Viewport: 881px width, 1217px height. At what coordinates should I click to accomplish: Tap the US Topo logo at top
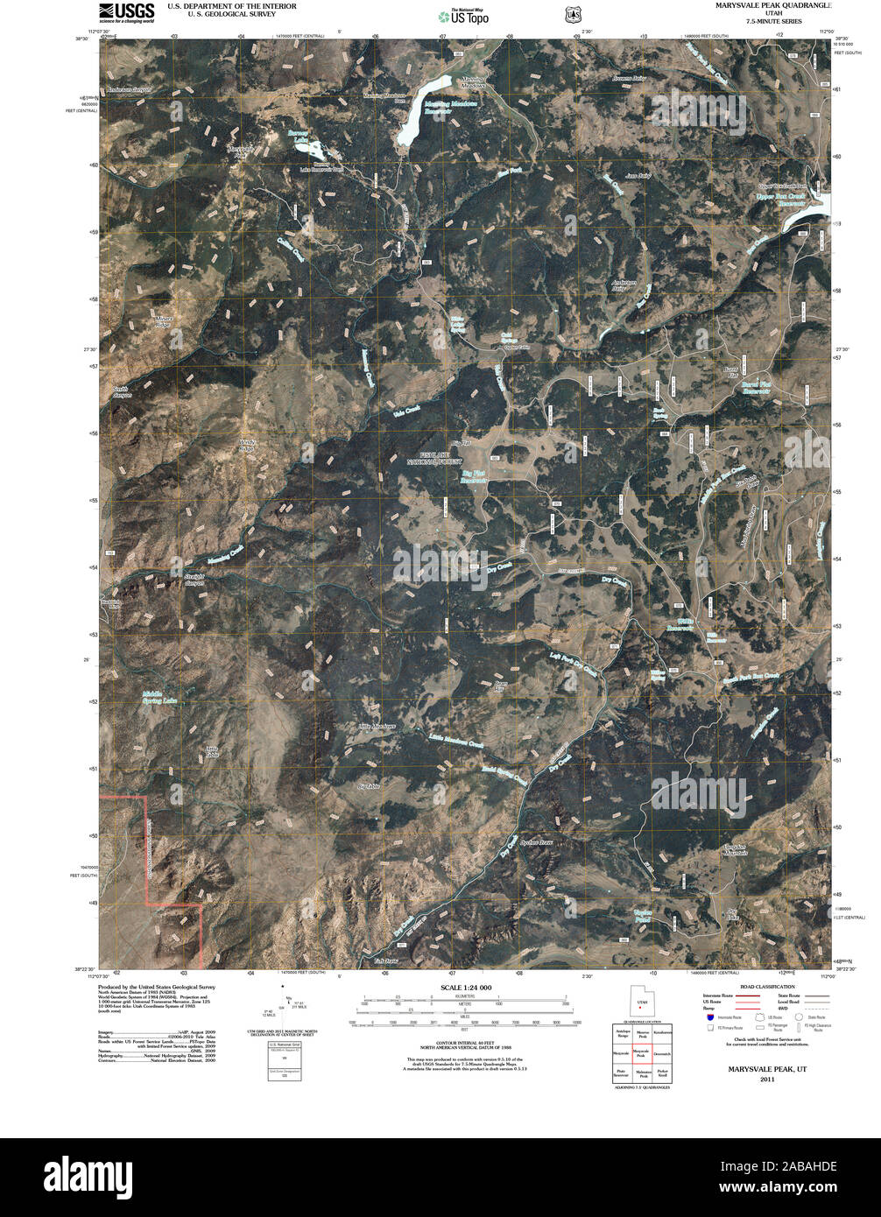point(464,15)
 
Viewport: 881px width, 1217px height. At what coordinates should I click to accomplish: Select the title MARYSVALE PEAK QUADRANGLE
point(774,6)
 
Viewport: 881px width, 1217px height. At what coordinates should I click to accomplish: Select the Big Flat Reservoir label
point(474,478)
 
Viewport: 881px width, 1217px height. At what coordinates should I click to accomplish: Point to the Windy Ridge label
point(250,446)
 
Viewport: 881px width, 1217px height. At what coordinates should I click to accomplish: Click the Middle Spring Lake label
point(160,698)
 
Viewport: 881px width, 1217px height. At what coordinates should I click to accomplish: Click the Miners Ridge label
point(163,321)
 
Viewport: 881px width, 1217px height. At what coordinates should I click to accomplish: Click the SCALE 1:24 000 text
point(461,988)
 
